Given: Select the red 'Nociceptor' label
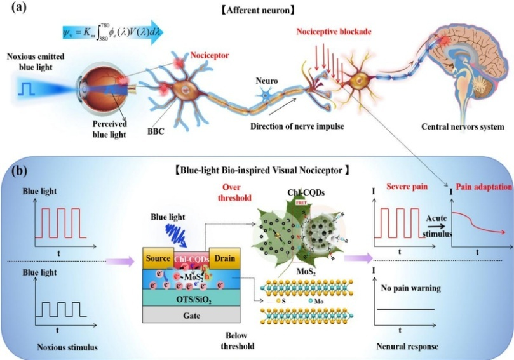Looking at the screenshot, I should (209, 55).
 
